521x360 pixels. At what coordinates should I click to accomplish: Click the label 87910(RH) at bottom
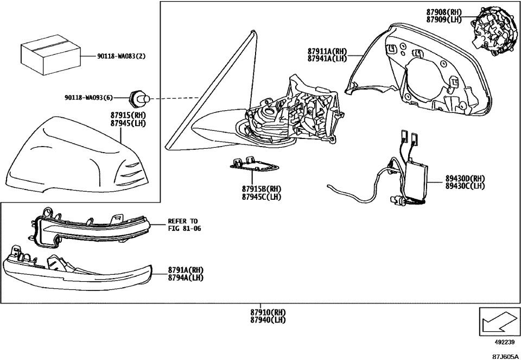pos(268,313)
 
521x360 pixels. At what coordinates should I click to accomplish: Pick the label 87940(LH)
pos(268,320)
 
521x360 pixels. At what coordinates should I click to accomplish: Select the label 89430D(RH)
pos(465,178)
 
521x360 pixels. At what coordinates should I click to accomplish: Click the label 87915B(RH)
pos(262,189)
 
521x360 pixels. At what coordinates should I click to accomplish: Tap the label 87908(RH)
pos(444,12)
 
